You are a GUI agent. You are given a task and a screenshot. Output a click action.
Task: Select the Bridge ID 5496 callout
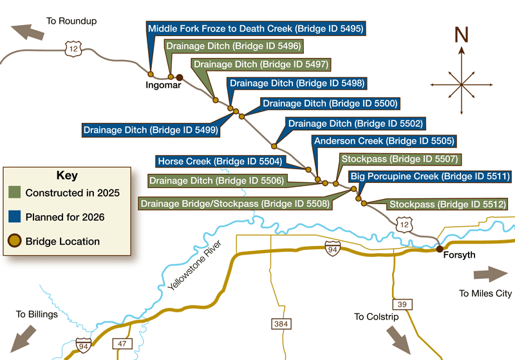(233, 46)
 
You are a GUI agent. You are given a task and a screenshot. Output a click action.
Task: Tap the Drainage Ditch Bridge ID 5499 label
(151, 130)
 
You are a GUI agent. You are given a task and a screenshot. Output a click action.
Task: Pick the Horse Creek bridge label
(220, 161)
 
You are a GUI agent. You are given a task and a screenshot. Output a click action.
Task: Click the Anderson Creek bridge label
(384, 141)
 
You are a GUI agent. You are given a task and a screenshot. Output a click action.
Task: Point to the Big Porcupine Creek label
(429, 176)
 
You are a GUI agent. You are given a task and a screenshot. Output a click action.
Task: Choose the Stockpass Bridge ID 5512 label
(445, 205)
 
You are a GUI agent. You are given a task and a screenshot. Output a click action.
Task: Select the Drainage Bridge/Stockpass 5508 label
(235, 204)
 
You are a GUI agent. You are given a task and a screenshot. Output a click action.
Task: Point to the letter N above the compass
(461, 35)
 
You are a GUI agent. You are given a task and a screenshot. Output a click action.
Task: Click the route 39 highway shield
(401, 303)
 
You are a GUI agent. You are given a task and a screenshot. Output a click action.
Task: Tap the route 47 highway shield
(122, 343)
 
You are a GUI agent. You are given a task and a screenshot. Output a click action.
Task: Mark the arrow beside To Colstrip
(398, 339)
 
